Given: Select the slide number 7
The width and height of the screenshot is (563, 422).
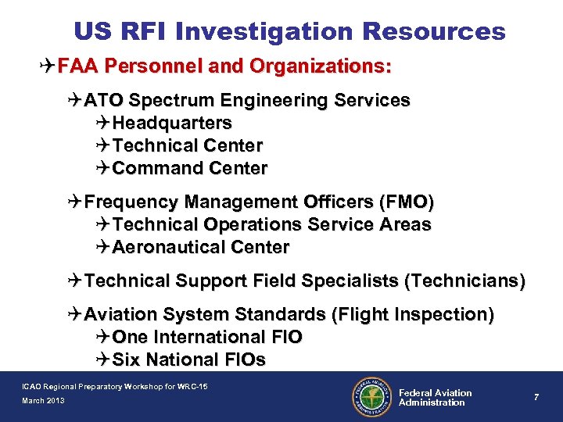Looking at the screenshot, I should click(536, 398).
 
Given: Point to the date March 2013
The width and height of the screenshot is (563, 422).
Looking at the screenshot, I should click(44, 401).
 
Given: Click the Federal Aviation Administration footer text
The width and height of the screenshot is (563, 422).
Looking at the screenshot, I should click(436, 398).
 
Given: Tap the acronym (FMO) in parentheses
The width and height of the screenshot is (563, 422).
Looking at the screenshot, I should click(405, 202).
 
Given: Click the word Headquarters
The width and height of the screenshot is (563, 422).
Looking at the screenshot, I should click(172, 123).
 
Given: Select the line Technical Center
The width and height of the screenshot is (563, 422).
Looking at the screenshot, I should click(188, 146).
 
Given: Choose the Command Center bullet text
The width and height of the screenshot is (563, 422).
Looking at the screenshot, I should click(190, 169).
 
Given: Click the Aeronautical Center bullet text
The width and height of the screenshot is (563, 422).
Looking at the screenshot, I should click(201, 248).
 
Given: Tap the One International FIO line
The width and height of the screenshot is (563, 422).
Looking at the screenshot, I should click(207, 338).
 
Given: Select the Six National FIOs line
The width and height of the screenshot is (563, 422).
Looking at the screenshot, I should click(189, 360).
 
